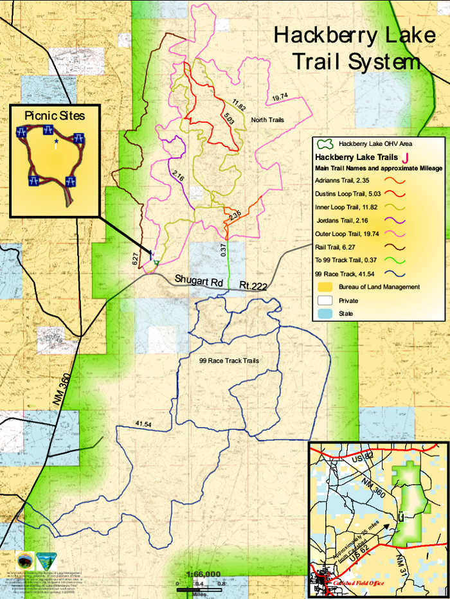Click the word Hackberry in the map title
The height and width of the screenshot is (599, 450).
pos(324,35)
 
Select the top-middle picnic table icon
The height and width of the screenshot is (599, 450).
pos(48,130)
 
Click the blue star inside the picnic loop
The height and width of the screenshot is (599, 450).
pos(57,139)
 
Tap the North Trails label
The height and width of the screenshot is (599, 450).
pos(267,120)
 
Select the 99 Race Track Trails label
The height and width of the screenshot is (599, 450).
pos(229,361)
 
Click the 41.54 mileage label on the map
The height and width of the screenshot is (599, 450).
pos(143,424)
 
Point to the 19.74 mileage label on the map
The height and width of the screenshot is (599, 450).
pos(279,98)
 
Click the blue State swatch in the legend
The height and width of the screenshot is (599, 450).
pos(325,314)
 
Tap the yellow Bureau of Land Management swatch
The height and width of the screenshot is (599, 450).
pos(325,287)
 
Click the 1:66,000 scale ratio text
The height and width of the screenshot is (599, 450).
pos(202,574)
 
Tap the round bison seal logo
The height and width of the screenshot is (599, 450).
pos(25,559)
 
